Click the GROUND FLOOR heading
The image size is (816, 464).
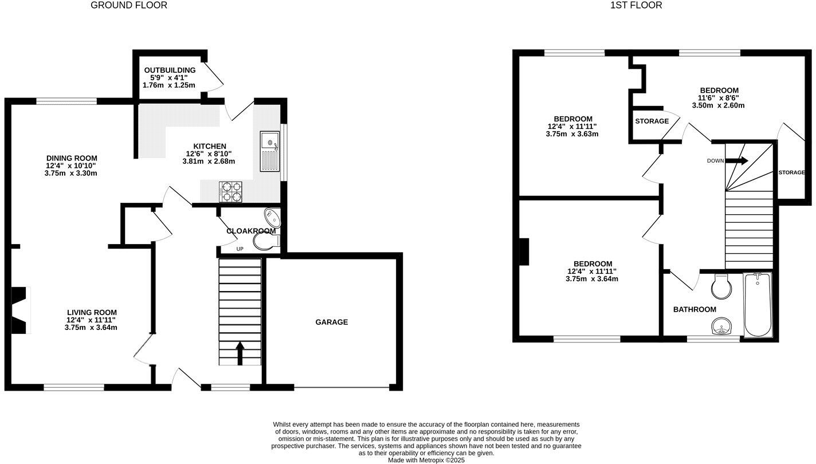coord(129,5)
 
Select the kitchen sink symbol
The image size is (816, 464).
coord(268,151)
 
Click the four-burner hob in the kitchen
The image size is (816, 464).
coord(230,191)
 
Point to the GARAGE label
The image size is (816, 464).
coord(331,322)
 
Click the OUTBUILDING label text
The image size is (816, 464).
coord(170,70)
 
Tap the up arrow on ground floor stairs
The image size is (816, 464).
coord(240,352)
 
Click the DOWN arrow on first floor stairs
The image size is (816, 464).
coord(739,160)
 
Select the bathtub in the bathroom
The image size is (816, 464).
coord(758,304)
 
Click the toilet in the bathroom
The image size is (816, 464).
coord(721,286)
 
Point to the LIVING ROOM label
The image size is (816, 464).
coord(91,312)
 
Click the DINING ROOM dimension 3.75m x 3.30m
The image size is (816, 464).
coord(71,173)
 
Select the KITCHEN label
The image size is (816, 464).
coord(209,146)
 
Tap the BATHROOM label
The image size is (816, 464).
coord(695,309)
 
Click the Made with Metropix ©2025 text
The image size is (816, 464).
coord(426,460)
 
